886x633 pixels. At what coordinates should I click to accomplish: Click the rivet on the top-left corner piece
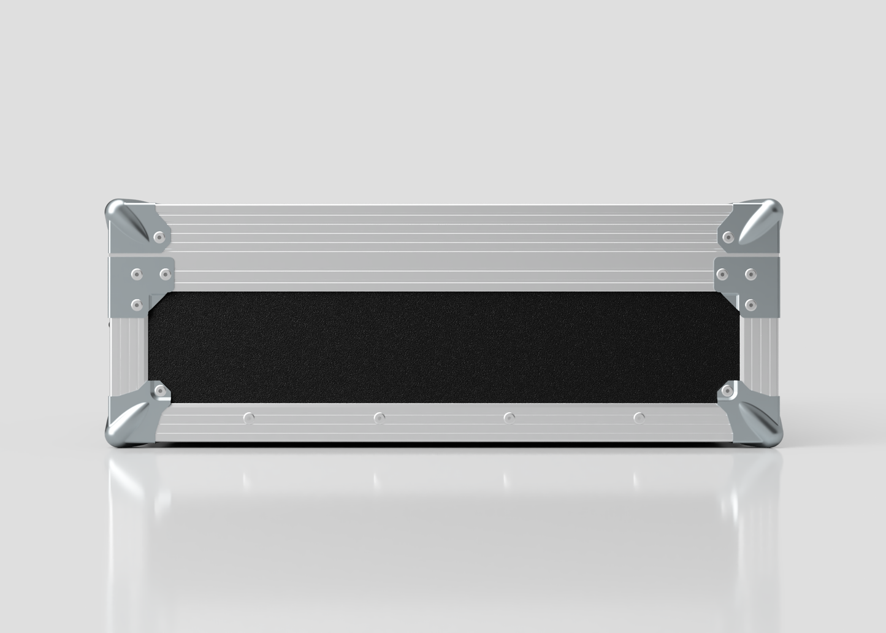tap(159, 236)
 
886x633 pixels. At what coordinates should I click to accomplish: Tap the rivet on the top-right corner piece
tap(729, 237)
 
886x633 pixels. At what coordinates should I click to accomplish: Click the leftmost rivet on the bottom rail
tap(248, 418)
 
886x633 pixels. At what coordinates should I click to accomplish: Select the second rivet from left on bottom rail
tap(380, 418)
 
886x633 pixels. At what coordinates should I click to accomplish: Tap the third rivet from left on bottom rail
tap(509, 418)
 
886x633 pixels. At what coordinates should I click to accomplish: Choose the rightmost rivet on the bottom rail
tap(640, 418)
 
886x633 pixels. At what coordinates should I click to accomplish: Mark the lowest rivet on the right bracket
tap(751, 304)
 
